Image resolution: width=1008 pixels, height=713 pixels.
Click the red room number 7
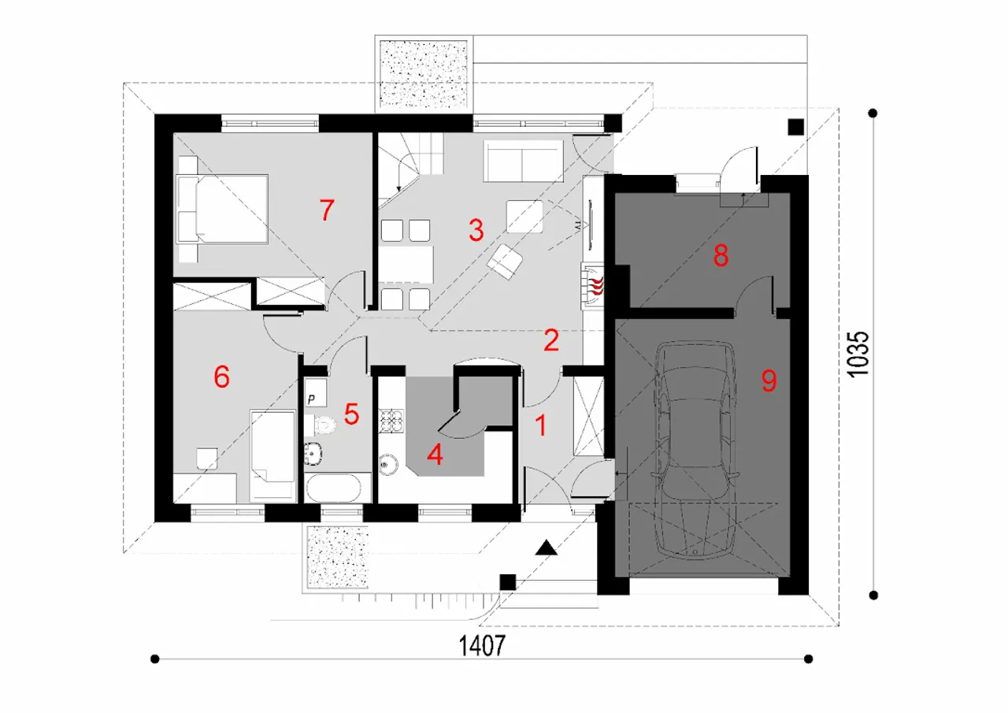[327, 210]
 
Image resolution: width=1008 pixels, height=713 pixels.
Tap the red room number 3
[476, 230]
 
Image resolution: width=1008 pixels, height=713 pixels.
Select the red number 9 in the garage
[769, 381]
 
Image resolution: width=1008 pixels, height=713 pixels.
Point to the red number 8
[721, 256]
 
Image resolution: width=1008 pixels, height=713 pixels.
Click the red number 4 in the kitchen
[435, 455]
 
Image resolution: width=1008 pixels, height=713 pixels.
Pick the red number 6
[221, 377]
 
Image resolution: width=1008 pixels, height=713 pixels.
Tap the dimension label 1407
[482, 645]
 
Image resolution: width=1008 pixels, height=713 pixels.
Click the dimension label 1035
[858, 354]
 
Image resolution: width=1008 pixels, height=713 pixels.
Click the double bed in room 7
[223, 209]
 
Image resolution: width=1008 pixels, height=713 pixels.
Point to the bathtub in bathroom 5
[333, 488]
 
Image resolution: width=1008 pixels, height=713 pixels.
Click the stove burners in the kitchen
[391, 421]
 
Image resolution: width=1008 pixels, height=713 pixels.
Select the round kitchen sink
[388, 464]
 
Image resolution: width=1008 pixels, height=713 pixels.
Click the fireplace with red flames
[593, 286]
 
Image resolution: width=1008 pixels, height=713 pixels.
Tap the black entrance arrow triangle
[547, 548]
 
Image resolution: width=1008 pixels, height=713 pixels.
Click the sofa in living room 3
[524, 161]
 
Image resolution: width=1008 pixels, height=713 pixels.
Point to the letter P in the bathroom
[311, 399]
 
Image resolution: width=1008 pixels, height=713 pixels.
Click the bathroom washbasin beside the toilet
[313, 454]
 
